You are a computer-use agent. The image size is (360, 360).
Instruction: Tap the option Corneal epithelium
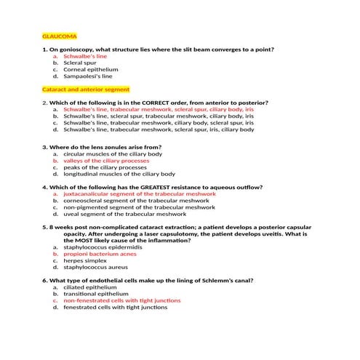click(91, 69)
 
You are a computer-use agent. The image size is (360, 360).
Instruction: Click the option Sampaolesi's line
click(88, 76)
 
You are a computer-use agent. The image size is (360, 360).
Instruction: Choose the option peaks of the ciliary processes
click(106, 167)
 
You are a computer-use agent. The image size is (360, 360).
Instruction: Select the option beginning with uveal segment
click(124, 214)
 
